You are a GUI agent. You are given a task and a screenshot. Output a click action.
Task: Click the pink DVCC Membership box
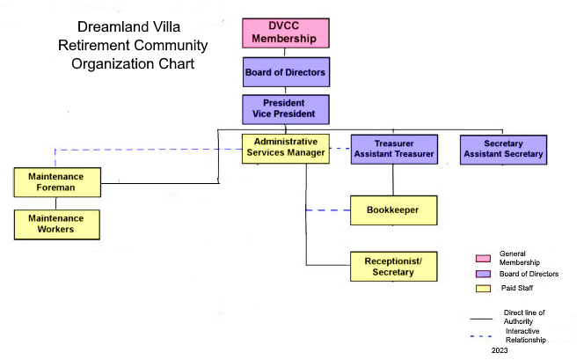coord(286,33)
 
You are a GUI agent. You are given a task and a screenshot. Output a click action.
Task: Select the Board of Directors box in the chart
coord(286,72)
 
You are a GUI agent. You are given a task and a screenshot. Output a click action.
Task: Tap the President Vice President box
coord(286,109)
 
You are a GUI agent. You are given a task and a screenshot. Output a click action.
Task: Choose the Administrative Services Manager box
coord(286,149)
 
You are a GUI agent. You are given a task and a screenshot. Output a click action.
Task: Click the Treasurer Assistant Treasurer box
coord(394,149)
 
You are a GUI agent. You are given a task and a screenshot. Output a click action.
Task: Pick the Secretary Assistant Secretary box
coord(504,150)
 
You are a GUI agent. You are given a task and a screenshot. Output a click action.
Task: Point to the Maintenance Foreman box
coord(57,182)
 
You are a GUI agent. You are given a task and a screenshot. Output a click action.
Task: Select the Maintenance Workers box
coord(57,224)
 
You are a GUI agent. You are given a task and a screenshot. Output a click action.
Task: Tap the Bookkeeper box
coord(394,210)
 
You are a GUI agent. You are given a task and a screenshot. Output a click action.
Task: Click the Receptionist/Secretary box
coord(394,267)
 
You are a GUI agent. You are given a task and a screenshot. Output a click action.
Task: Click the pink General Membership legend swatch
coord(483,258)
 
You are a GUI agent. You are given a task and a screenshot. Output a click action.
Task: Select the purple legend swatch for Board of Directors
coord(483,274)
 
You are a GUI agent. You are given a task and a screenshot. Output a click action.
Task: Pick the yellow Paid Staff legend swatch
coord(483,289)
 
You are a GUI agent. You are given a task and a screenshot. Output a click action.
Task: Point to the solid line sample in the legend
coord(481,319)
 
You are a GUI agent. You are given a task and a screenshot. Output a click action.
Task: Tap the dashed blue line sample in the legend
coord(481,336)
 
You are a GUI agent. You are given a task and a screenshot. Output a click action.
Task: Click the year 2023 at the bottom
coord(500,350)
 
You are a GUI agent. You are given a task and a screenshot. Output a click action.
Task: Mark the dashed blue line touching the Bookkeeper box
coord(328,210)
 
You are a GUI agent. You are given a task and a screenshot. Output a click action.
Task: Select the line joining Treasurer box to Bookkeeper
coord(393,180)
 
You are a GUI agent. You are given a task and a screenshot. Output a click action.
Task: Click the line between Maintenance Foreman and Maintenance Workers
coord(56,203)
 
